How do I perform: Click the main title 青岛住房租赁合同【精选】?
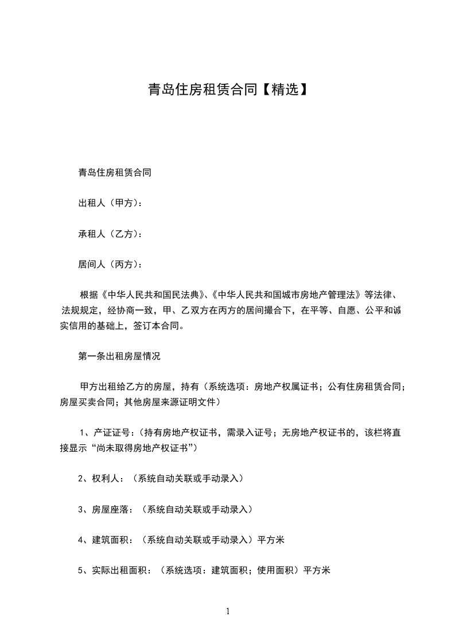[x=227, y=90]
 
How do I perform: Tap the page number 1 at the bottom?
[x=228, y=611]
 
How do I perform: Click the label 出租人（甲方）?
[x=109, y=203]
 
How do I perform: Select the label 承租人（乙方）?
[x=109, y=234]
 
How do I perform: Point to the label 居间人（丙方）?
[x=109, y=264]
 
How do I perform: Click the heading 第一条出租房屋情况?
[x=119, y=356]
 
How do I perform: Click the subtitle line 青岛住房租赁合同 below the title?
[x=114, y=172]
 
